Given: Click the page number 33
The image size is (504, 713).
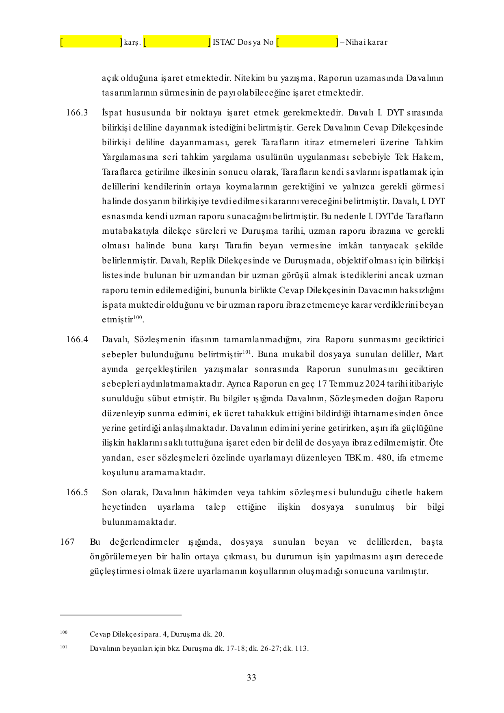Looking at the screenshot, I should click(251, 678).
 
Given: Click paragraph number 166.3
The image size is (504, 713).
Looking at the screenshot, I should click(77, 113).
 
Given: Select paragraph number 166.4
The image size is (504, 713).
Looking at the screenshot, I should click(77, 339).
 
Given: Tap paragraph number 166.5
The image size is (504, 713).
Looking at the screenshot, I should click(77, 492).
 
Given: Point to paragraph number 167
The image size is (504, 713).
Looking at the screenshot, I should click(67, 542).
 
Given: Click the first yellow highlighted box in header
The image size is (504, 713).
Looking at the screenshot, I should click(91, 41).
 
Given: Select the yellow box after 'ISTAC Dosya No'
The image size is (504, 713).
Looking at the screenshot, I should click(307, 41).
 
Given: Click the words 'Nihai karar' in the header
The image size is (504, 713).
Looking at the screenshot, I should click(366, 42).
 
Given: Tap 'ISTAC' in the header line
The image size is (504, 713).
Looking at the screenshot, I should click(223, 42).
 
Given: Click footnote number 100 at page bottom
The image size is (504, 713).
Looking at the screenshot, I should click(64, 632).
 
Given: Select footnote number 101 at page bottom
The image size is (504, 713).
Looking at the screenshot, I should click(64, 647).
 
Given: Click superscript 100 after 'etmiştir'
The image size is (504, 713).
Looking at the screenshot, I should click(138, 317).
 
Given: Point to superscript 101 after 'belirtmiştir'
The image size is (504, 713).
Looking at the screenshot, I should click(247, 352).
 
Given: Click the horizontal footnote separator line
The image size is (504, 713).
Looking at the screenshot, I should click(121, 615).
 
